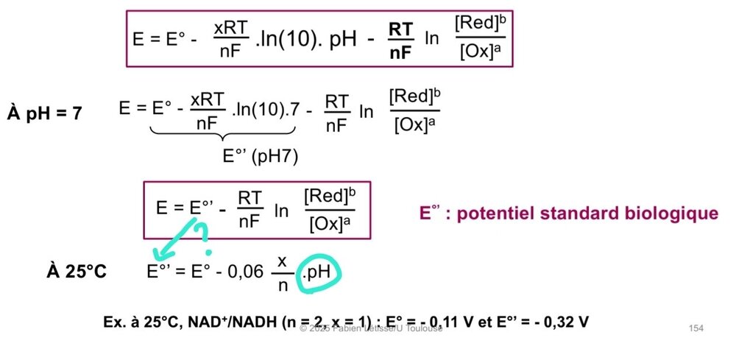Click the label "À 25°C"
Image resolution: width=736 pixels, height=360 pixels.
click(76, 272)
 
